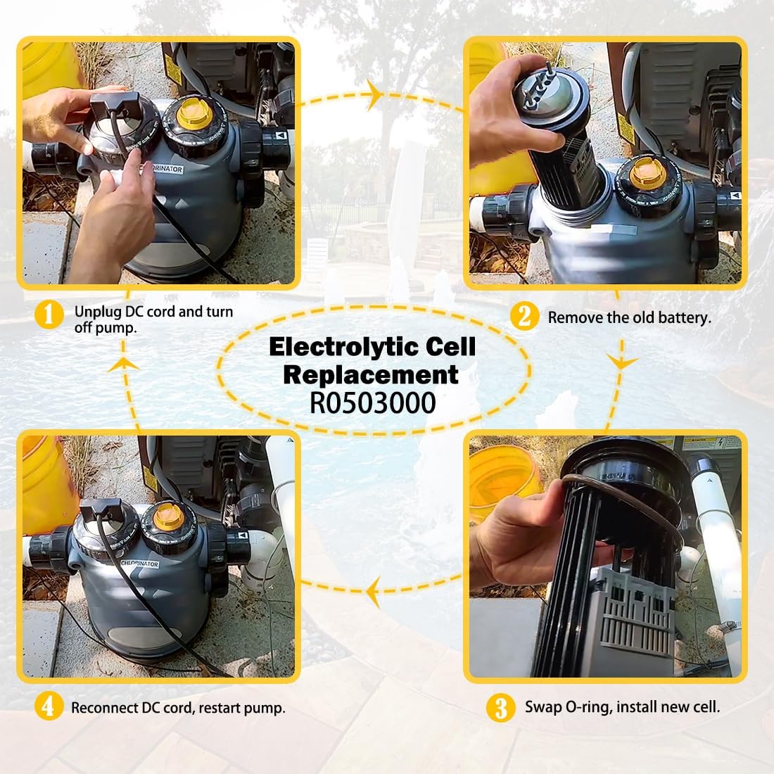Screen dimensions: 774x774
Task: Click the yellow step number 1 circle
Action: pyautogui.click(x=49, y=315)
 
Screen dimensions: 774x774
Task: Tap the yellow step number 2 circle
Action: pyautogui.click(x=524, y=317)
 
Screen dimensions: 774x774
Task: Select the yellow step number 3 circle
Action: pyautogui.click(x=500, y=707)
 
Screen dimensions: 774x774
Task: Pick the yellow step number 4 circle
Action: pyautogui.click(x=48, y=706)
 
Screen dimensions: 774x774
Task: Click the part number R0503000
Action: pyautogui.click(x=372, y=403)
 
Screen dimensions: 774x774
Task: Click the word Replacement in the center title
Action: pyautogui.click(x=370, y=374)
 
